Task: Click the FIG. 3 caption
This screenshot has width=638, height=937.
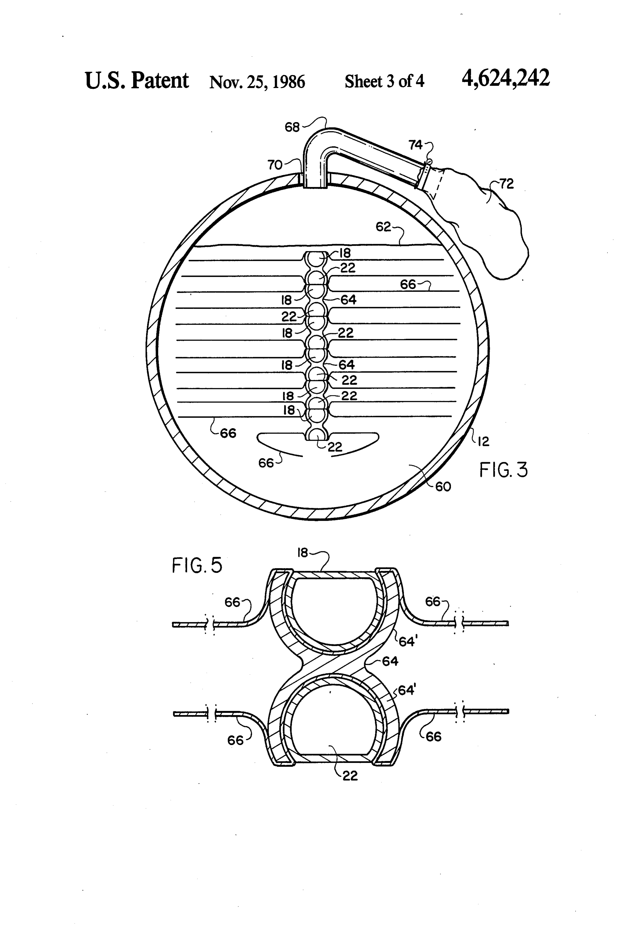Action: (503, 470)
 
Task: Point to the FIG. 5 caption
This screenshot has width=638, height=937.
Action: (197, 565)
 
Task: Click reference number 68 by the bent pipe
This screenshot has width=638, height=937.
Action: (292, 127)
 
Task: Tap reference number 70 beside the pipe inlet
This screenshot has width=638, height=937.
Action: (275, 165)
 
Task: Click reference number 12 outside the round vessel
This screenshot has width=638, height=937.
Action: (483, 442)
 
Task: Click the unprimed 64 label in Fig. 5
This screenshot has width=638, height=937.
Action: (390, 661)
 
